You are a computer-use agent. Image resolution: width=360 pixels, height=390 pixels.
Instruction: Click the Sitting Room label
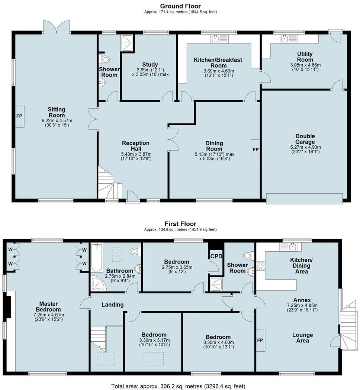tap(57, 112)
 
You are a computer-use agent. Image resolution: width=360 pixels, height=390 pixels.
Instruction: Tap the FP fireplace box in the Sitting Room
tap(20, 116)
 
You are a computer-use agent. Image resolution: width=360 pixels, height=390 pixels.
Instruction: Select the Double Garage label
tap(305, 139)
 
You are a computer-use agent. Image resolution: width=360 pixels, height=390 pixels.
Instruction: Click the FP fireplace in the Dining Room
tap(255, 151)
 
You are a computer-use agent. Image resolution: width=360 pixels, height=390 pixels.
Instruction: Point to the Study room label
tap(150, 65)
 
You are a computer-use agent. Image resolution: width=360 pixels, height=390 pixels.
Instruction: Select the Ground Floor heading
tap(180, 6)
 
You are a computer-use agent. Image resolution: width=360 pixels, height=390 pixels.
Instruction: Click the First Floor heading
tap(180, 223)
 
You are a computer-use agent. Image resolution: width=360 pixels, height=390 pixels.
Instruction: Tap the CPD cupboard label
tap(216, 256)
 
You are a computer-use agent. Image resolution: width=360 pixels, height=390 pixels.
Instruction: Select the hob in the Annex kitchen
tap(261, 266)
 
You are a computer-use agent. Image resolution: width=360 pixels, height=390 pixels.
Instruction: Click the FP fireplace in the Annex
tap(260, 340)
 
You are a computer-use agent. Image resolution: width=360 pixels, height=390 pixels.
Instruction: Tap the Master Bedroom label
tap(48, 306)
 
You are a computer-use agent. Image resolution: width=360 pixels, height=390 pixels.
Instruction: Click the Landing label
tap(112, 304)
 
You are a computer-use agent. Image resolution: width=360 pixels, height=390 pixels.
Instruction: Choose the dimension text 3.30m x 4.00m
tap(218, 342)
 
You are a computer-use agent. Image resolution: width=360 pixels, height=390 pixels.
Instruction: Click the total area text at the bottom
tap(178, 386)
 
